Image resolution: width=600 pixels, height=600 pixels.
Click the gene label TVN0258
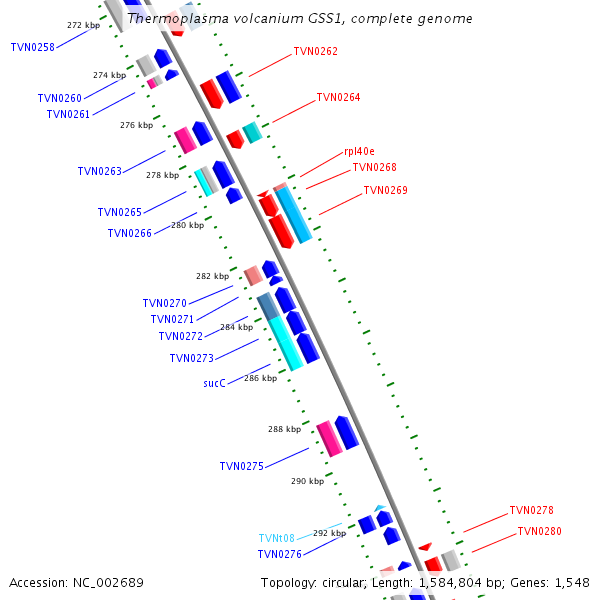(x=32, y=47)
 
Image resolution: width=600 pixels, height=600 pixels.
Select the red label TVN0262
(x=315, y=51)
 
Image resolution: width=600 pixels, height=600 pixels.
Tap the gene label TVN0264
(x=338, y=98)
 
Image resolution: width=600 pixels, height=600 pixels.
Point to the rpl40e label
(x=359, y=151)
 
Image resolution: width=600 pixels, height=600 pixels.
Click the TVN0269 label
(x=385, y=190)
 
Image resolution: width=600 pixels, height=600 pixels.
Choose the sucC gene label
(x=214, y=383)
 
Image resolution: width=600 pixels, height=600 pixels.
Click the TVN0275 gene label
(x=241, y=466)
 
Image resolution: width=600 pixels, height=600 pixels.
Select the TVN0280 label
(x=539, y=532)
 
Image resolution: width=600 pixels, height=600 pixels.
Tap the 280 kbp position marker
(x=187, y=225)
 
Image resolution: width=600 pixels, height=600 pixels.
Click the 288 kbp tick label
(x=284, y=429)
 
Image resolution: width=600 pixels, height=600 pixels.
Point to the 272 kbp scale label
(x=84, y=25)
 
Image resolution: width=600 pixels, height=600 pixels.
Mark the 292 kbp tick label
(x=329, y=534)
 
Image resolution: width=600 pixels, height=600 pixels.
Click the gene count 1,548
(x=571, y=582)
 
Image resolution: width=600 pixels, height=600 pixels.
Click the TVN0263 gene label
(x=99, y=171)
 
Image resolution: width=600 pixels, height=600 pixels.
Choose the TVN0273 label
(x=191, y=358)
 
